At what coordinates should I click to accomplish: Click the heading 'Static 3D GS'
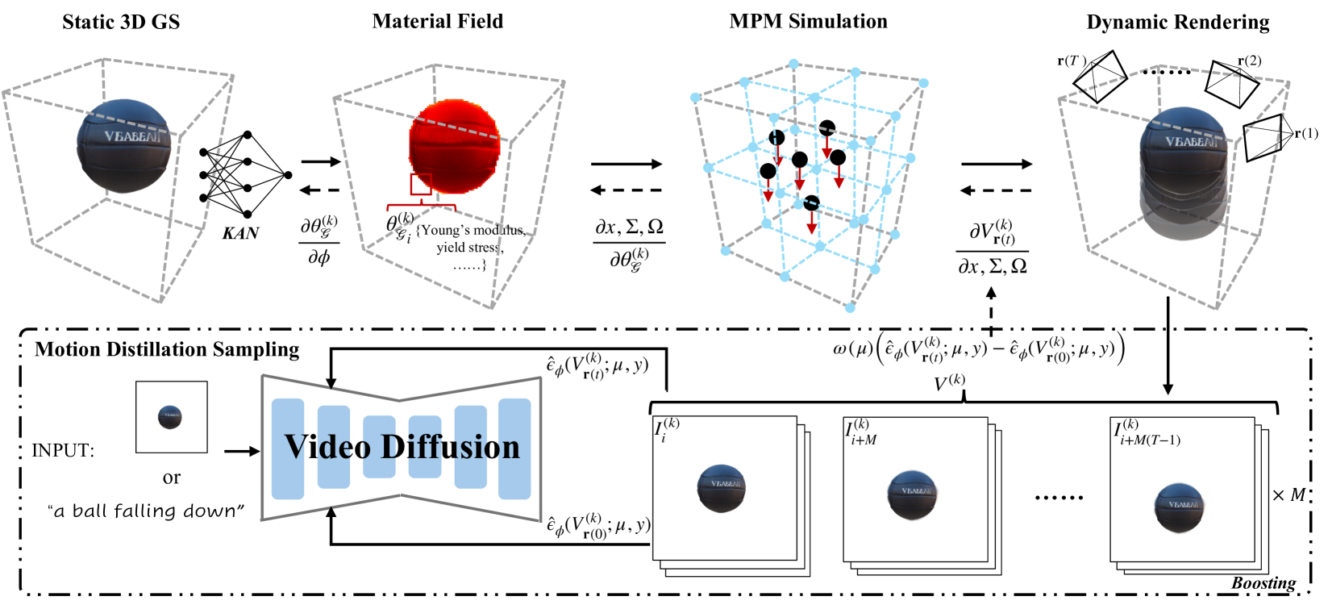121,22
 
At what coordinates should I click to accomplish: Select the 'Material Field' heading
437,22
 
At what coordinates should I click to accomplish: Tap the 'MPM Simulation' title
808,22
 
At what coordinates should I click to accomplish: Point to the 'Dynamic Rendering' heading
1177,23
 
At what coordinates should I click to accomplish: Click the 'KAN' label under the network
240,233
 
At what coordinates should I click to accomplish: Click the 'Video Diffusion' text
402,447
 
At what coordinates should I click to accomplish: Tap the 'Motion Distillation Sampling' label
167,349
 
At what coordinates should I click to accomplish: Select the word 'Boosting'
1263,582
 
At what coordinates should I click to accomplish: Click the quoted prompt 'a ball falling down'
146,511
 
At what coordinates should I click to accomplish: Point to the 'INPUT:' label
63,451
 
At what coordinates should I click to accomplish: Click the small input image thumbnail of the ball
171,417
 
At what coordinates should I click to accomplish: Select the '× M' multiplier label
1288,495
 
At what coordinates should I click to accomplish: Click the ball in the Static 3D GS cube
126,145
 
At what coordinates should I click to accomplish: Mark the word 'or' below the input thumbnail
171,478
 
